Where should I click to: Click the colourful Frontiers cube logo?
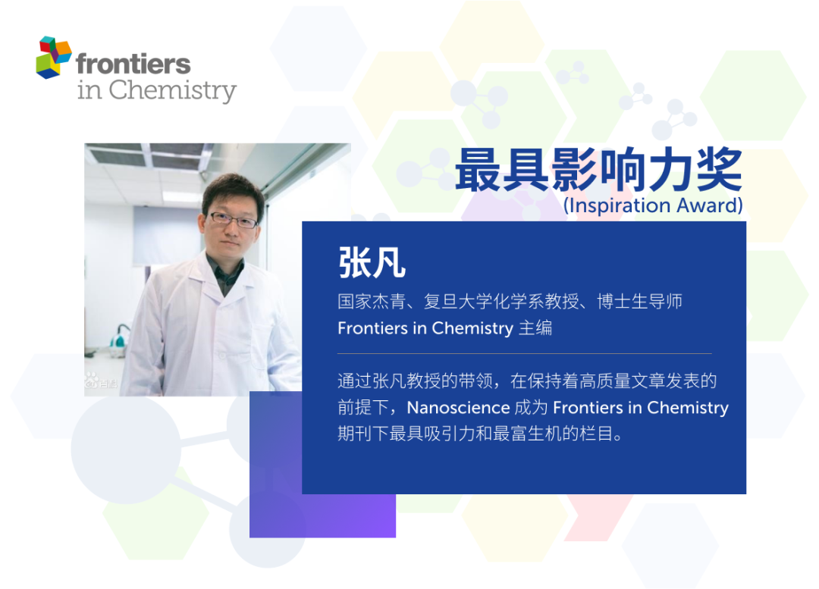(x=54, y=58)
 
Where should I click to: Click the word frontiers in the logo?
(x=133, y=64)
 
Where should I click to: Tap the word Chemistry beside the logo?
(x=172, y=90)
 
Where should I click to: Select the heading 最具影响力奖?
(x=598, y=170)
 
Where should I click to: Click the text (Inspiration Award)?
(x=653, y=205)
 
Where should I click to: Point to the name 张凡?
(x=372, y=262)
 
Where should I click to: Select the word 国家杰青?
(x=372, y=301)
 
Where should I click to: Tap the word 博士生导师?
(x=640, y=301)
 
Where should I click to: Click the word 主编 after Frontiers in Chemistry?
(x=535, y=328)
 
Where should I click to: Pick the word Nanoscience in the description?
(x=458, y=407)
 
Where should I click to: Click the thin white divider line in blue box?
(x=525, y=353)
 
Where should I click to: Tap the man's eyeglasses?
(x=233, y=220)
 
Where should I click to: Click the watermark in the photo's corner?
(x=100, y=381)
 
